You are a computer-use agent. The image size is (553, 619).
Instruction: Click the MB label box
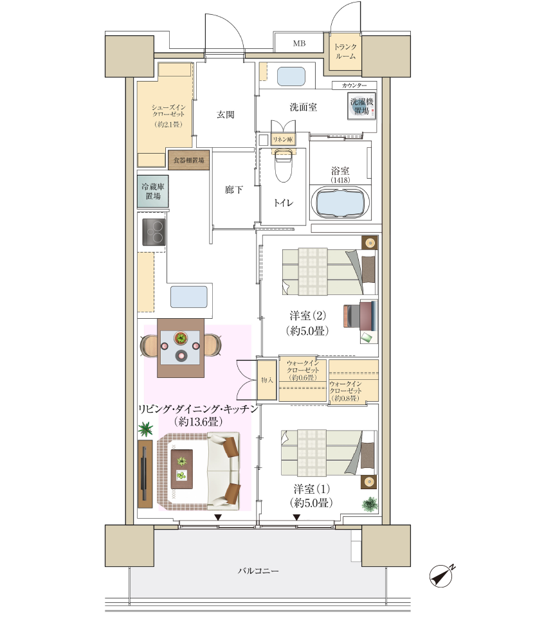(298, 43)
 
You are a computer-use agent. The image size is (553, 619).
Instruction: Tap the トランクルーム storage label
(345, 51)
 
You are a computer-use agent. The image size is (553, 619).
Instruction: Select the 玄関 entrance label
(225, 114)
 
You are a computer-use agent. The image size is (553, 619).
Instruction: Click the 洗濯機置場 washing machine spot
(361, 106)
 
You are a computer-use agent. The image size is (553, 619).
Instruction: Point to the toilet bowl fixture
(283, 165)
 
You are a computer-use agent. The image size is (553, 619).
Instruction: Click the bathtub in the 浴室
(340, 203)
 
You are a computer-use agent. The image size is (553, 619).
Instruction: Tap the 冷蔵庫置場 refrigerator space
(153, 192)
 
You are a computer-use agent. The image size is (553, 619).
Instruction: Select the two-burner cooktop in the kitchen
(154, 232)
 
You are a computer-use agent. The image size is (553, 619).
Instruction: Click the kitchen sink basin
(189, 297)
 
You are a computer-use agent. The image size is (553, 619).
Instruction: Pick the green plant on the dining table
(181, 338)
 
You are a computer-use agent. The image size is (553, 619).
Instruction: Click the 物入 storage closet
(267, 380)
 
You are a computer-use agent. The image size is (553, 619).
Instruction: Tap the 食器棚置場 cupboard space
(189, 160)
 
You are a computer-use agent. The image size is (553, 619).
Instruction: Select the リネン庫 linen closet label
(283, 139)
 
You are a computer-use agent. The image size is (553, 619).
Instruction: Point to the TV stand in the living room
(145, 474)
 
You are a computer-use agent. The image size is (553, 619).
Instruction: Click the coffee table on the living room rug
(182, 469)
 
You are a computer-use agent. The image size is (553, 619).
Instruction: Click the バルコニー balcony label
(258, 571)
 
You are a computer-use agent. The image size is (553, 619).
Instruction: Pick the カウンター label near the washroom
(354, 85)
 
